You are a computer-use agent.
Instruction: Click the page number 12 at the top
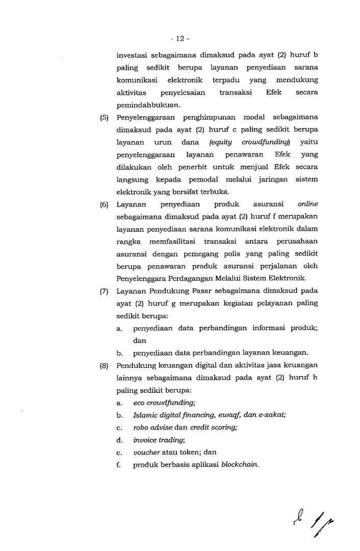[180, 39]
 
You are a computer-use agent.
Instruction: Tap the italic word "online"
[307, 204]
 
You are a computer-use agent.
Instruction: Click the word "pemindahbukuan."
[148, 105]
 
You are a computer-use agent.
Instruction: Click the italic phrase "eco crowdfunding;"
[161, 402]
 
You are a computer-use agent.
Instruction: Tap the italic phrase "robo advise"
[152, 427]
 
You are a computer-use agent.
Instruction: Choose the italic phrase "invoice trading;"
[159, 440]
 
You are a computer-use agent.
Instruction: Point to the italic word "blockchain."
[240, 464]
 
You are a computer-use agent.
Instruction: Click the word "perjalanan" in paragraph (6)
[271, 266]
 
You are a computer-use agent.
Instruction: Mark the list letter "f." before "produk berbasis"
[118, 464]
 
